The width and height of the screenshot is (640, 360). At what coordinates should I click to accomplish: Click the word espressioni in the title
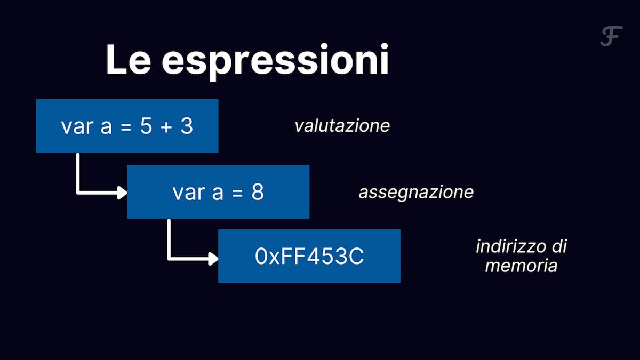point(275,62)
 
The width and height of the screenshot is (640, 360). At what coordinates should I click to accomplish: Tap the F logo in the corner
point(611,37)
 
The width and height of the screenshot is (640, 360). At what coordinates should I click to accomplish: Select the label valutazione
point(342,126)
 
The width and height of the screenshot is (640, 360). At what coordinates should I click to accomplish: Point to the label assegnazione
point(415,192)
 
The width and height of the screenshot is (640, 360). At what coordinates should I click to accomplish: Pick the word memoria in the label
point(521,266)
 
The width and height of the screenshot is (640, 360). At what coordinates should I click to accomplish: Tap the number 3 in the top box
point(187,126)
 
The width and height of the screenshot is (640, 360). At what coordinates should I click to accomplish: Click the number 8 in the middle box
point(258,193)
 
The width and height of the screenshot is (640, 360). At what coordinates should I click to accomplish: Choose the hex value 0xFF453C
point(309,257)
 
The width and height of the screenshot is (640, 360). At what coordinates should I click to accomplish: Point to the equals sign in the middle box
point(237,193)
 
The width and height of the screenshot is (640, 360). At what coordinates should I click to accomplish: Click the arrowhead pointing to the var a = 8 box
point(122,192)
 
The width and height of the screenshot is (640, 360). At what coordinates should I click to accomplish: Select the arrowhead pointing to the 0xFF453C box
point(213,258)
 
